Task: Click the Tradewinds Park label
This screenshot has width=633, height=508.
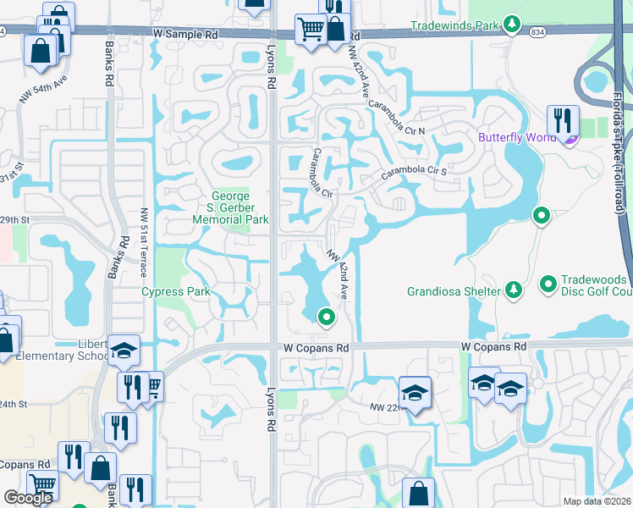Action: click(455, 25)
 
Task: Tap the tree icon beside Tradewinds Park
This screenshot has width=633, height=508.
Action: click(511, 25)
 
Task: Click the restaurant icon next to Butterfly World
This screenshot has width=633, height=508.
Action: click(562, 120)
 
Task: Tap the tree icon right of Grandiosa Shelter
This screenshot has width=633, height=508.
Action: click(513, 291)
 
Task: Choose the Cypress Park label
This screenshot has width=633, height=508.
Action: click(173, 292)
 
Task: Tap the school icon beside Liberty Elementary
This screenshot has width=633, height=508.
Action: click(124, 351)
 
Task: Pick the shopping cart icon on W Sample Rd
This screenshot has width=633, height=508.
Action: click(311, 30)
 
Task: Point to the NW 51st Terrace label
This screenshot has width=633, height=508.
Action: click(145, 242)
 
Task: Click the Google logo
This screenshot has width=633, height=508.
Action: click(27, 498)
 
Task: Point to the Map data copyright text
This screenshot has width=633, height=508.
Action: click(597, 501)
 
